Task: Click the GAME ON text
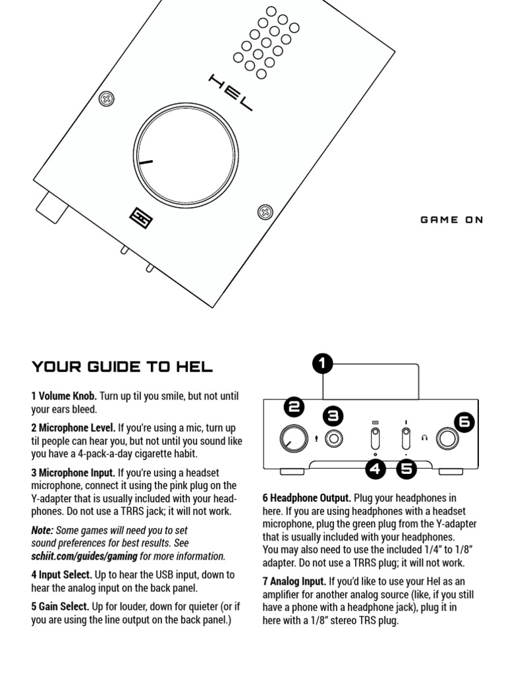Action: pyautogui.click(x=451, y=220)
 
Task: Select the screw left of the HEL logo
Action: pyautogui.click(x=104, y=100)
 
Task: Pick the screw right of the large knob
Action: pyautogui.click(x=264, y=212)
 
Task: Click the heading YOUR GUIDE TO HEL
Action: pyautogui.click(x=123, y=367)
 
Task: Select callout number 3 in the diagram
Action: pyautogui.click(x=334, y=416)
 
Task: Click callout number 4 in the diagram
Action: pyautogui.click(x=376, y=469)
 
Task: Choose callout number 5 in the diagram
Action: pyautogui.click(x=407, y=469)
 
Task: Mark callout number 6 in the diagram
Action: pyautogui.click(x=464, y=423)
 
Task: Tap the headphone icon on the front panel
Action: pyautogui.click(x=426, y=437)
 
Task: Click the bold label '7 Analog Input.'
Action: pyautogui.click(x=294, y=581)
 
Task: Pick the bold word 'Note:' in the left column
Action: pyautogui.click(x=43, y=530)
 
